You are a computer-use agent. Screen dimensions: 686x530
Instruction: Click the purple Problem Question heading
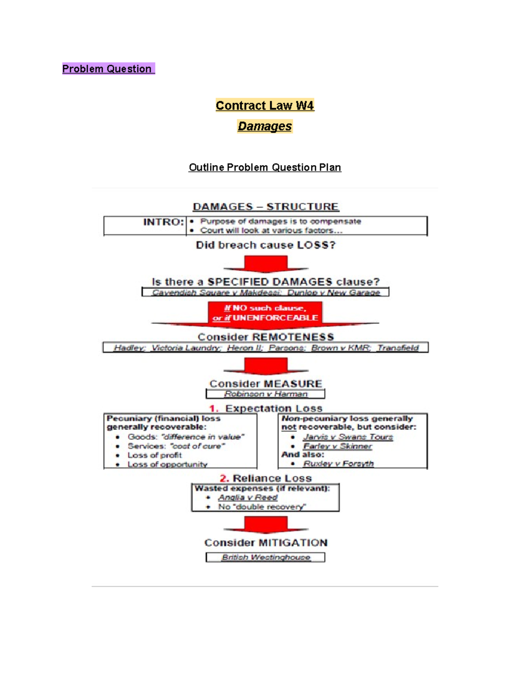tap(108, 69)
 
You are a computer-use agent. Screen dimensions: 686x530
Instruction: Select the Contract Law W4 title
tap(265, 106)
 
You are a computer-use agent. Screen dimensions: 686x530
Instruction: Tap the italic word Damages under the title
tap(265, 126)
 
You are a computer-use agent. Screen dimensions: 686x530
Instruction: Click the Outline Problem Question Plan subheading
tap(265, 167)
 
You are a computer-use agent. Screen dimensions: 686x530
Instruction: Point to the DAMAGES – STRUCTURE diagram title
tap(265, 207)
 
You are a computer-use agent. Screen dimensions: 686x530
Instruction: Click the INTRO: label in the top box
tap(163, 222)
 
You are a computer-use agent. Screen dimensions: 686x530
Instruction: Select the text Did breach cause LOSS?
tap(265, 245)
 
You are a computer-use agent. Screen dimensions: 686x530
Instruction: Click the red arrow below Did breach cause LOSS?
tap(265, 264)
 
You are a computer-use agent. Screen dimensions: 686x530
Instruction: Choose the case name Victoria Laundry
tap(185, 348)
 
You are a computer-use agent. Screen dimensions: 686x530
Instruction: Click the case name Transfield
tap(397, 348)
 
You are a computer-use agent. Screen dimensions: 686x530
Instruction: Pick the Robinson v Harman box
tap(265, 394)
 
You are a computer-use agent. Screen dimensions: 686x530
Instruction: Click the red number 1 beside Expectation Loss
tap(214, 409)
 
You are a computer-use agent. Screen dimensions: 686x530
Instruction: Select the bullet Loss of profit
tap(155, 455)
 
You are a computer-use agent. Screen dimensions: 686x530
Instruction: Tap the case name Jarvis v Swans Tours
tap(348, 437)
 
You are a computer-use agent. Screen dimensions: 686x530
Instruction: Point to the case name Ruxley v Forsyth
tap(338, 463)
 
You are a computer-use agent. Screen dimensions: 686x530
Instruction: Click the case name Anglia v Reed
tap(248, 497)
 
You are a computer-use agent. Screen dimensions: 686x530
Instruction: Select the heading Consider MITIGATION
tap(265, 543)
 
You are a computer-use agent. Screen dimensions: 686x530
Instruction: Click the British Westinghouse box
tap(265, 557)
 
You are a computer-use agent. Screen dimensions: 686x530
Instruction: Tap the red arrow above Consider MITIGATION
tap(265, 524)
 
